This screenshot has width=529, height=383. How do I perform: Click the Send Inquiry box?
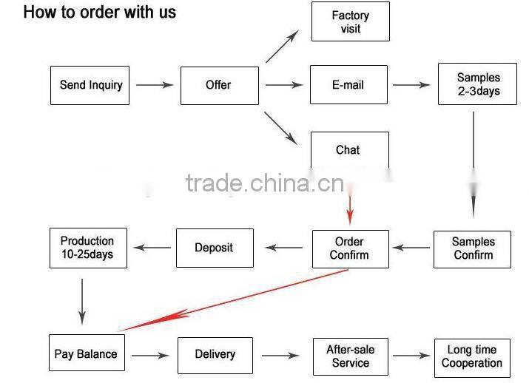pos(91,85)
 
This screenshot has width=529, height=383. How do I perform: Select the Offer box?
pos(219,85)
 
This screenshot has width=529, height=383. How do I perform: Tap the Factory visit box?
pos(350,22)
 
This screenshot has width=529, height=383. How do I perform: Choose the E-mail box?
pos(348,85)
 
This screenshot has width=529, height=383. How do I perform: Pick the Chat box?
pos(348,150)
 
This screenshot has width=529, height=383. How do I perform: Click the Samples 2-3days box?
pos(477,84)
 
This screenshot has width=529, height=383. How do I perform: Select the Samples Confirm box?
pos(474,248)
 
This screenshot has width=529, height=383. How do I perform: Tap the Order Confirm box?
pos(350,248)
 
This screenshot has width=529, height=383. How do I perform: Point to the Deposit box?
pos(215,248)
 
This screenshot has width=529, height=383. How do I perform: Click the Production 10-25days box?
pos(87,248)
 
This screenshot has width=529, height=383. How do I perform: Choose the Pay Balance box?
pos(86,354)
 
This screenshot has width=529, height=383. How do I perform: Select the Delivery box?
pos(215,354)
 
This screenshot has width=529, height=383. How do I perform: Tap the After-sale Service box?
pos(350,356)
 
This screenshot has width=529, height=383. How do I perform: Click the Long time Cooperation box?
pos(472,356)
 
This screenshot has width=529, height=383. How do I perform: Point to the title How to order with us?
pos(100,13)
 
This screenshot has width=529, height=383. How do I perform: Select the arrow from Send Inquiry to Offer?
pos(155,85)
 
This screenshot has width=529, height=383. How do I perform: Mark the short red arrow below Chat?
pos(351,206)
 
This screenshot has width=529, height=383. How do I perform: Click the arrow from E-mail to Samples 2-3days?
pos(411,85)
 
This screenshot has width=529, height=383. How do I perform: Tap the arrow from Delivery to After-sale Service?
pos(280,356)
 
